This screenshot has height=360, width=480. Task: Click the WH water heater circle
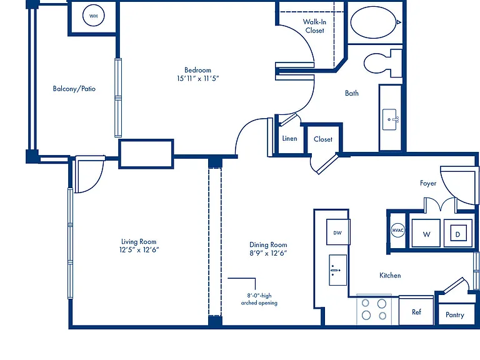click(94, 16)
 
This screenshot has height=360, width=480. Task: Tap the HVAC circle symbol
click(397, 230)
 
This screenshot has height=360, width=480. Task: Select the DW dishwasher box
click(338, 232)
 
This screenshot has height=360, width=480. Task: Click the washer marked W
click(426, 233)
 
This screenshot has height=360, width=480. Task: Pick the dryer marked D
click(458, 233)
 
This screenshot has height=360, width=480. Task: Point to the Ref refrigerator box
click(416, 311)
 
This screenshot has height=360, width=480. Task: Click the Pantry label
click(455, 315)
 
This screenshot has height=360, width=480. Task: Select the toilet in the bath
click(382, 63)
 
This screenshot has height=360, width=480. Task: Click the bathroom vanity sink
click(390, 119)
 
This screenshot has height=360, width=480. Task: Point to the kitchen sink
click(338, 270)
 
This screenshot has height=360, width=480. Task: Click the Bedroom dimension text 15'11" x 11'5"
click(197, 78)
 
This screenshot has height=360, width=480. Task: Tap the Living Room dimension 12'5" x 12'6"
click(139, 250)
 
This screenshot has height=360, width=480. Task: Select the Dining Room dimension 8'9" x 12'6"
click(268, 253)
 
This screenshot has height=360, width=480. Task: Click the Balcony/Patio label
click(74, 89)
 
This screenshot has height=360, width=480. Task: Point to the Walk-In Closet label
click(315, 26)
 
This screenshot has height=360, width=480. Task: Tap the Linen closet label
click(289, 138)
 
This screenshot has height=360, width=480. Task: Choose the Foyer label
click(428, 183)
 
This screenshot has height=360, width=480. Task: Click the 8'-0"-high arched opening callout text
click(259, 299)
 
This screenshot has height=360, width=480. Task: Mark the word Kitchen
click(390, 276)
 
